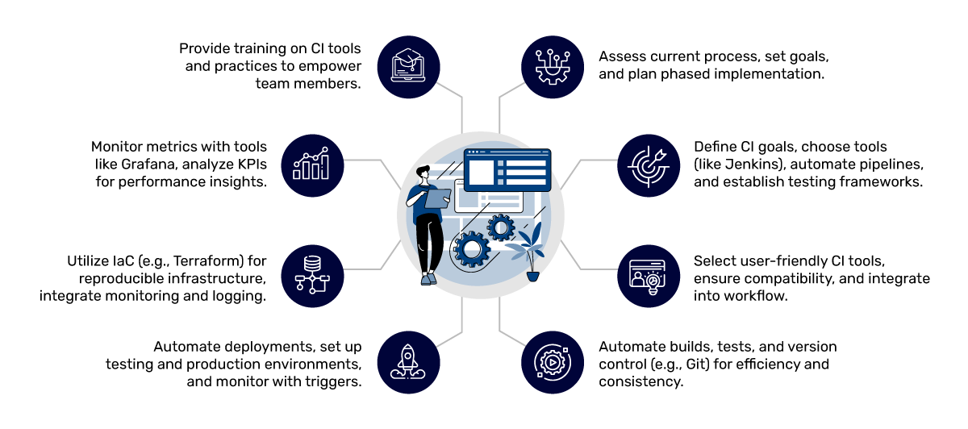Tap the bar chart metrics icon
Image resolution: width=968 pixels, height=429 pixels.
click(311, 164)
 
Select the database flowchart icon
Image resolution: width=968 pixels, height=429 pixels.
click(311, 274)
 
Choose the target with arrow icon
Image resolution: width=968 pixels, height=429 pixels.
click(650, 164)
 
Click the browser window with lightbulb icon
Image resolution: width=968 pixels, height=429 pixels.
click(650, 274)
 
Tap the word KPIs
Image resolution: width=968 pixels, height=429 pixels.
click(252, 164)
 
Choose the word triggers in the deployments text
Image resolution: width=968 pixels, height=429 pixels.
click(332, 381)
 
